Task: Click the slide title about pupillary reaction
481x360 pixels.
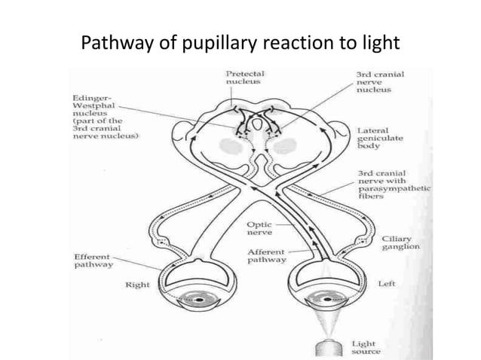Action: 240,43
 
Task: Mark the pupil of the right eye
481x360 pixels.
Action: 200,301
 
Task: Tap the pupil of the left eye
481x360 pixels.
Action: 326,301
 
